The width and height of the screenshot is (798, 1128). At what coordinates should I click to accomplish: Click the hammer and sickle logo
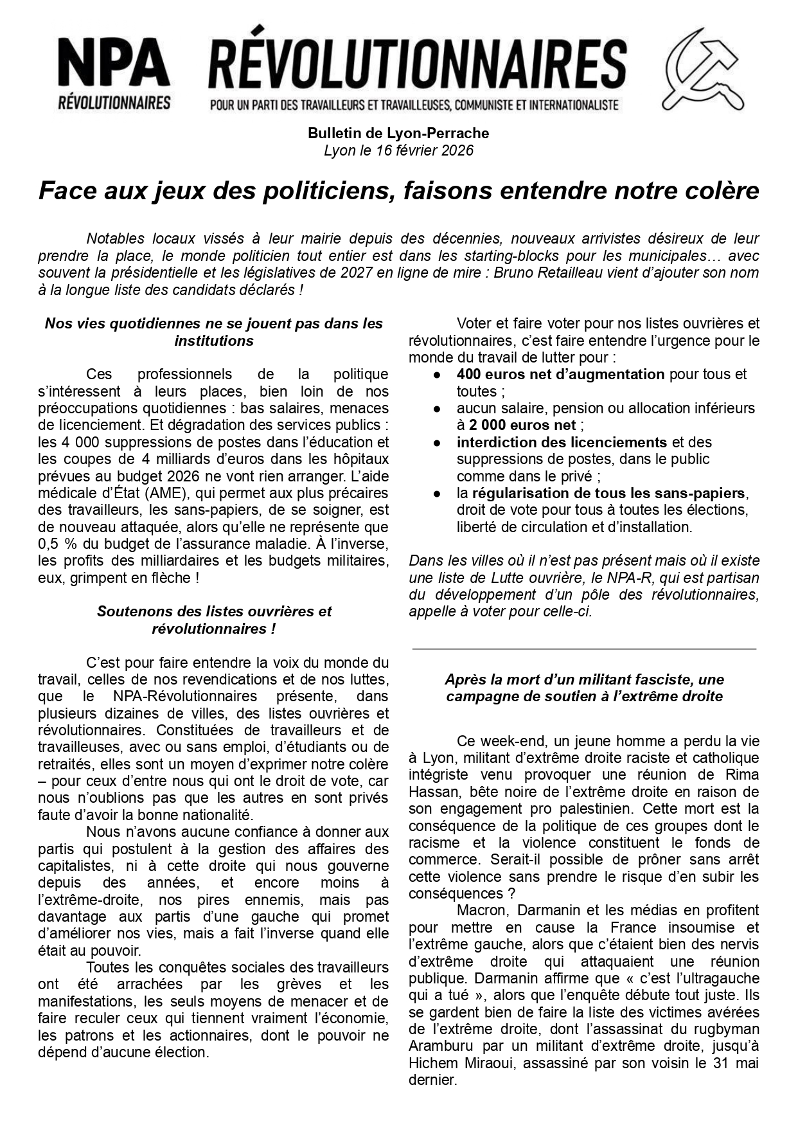coord(702,69)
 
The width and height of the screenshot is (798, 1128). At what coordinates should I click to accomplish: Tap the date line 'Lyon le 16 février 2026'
coord(398,150)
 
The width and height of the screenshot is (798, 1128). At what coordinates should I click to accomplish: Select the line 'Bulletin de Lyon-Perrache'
coord(398,134)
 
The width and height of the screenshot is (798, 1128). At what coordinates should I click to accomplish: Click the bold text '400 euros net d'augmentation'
coord(560,374)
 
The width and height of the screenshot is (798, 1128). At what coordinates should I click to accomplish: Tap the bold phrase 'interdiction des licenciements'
coord(562,442)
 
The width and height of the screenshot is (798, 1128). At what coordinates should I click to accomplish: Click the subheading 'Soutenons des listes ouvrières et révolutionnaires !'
coord(214,620)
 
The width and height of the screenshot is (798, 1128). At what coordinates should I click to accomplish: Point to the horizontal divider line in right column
coord(584,649)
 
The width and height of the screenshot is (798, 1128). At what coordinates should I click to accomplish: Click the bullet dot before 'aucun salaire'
coord(437,409)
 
